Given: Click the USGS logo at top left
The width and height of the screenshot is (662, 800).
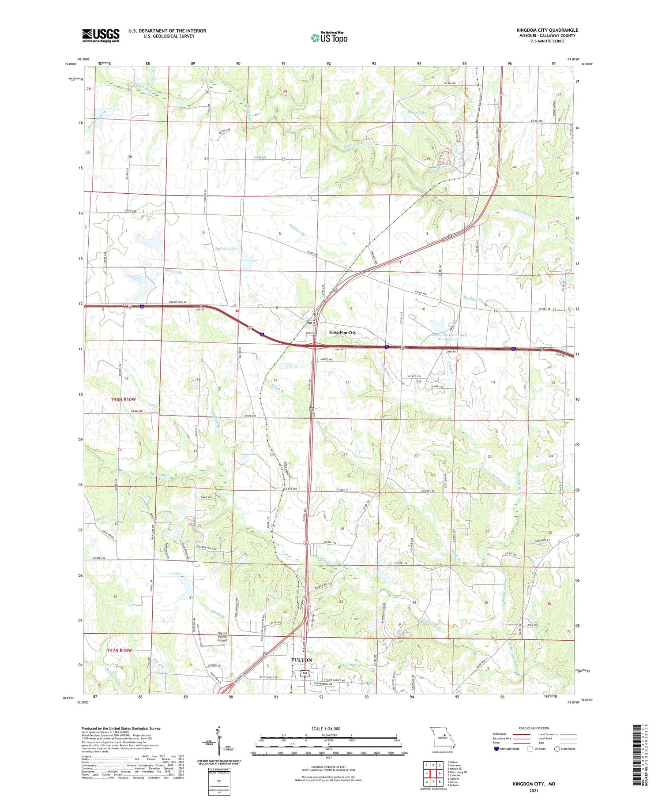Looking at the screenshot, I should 101,35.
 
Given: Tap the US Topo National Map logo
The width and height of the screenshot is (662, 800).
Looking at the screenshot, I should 329,38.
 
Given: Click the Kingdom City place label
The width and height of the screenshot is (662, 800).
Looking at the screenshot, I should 342,332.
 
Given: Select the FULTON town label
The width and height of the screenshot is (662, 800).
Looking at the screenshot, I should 301,660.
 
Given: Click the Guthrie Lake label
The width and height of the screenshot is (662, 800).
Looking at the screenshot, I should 225,249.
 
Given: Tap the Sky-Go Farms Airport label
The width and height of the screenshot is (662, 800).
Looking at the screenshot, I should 222,637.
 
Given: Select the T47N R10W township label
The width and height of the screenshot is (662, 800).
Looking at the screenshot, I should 119,650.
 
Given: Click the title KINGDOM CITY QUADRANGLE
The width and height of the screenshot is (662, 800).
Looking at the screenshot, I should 547,30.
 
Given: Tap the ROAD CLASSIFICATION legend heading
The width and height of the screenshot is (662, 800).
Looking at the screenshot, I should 534,728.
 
